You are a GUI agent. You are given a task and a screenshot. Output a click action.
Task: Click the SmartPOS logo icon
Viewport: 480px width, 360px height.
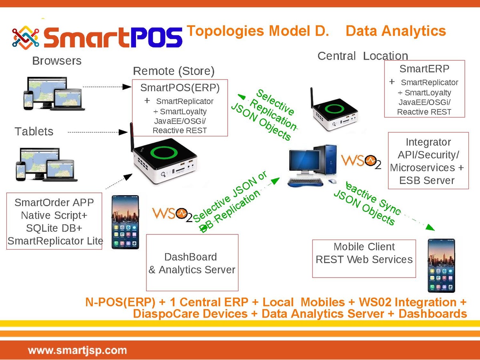(x=26, y=38)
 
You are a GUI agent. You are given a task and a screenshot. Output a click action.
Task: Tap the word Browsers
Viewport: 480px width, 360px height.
(x=57, y=61)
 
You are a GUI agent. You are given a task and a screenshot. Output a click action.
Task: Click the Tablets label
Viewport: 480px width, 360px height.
(x=34, y=131)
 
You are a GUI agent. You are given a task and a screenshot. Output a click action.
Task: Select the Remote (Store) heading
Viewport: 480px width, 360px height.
(x=174, y=71)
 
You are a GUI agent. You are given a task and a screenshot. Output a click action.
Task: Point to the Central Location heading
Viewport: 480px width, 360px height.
(x=363, y=56)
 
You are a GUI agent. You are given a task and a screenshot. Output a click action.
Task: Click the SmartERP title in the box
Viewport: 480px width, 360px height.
(x=424, y=69)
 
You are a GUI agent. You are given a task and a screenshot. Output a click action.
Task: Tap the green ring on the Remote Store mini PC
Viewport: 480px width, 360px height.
(x=164, y=152)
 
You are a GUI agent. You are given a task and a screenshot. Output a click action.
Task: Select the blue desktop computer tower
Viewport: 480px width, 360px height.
(x=325, y=160)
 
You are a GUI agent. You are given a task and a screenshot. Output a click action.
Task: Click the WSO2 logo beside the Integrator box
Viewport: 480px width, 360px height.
(x=361, y=162)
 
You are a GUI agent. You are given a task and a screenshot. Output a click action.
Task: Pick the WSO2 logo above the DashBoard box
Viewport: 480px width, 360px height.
(x=172, y=215)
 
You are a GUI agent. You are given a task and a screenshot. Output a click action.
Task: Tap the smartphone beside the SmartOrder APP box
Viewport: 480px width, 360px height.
(x=125, y=222)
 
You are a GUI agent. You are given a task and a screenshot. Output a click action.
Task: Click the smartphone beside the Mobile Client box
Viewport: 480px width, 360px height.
(x=441, y=266)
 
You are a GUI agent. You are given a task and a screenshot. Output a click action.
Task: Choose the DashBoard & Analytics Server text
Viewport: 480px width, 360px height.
(x=192, y=263)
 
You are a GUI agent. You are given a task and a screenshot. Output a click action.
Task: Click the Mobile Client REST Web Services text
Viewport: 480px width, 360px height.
(x=364, y=253)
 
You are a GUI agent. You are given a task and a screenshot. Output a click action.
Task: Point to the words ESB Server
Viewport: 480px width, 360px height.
(x=427, y=180)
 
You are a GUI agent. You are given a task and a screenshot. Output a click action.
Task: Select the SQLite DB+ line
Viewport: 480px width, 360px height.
(x=54, y=228)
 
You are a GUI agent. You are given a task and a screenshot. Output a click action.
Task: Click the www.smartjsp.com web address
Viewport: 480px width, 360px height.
(x=78, y=351)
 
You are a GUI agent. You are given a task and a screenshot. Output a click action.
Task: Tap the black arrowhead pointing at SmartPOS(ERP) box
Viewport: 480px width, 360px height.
(x=127, y=87)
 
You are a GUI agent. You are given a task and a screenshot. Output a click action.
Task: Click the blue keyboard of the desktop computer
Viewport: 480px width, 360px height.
(x=305, y=182)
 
